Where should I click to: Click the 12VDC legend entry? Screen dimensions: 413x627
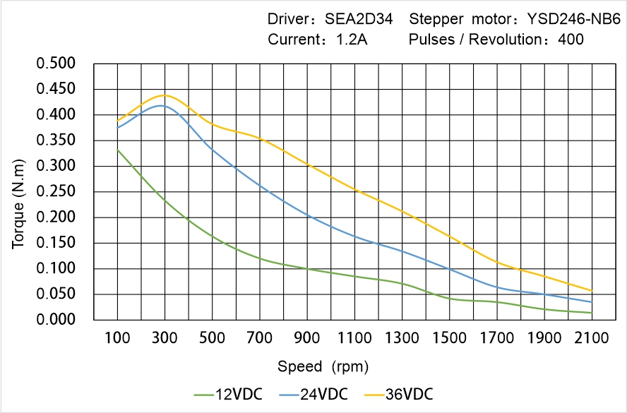click(x=228, y=394)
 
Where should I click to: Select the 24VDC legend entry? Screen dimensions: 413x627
click(x=313, y=394)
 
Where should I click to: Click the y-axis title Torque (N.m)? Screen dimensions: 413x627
click(x=19, y=191)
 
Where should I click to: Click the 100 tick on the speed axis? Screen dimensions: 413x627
click(x=117, y=338)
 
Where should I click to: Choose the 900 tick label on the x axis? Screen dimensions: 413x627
click(x=307, y=338)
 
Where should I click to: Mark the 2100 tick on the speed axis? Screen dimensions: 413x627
click(x=592, y=338)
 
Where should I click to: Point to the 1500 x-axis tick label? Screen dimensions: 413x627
click(x=449, y=338)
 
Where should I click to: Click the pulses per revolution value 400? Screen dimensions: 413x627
click(x=571, y=40)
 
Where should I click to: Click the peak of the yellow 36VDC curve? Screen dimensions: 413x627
click(x=165, y=95)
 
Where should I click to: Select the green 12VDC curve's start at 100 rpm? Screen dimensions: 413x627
click(x=117, y=150)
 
